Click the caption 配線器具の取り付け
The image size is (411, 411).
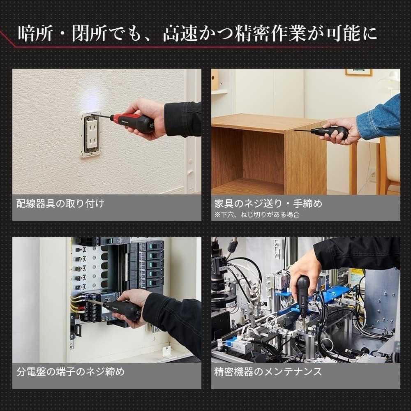coord(60,203)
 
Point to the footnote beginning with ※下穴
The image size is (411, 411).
coord(257,214)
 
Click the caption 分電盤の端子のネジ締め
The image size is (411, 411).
coord(70,372)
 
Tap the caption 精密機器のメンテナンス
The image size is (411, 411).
coord(268,372)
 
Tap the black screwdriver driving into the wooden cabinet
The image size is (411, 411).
coord(329,132)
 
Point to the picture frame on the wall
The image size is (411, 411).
coord(358,72)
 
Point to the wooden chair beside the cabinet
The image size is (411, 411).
coord(388,164)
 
